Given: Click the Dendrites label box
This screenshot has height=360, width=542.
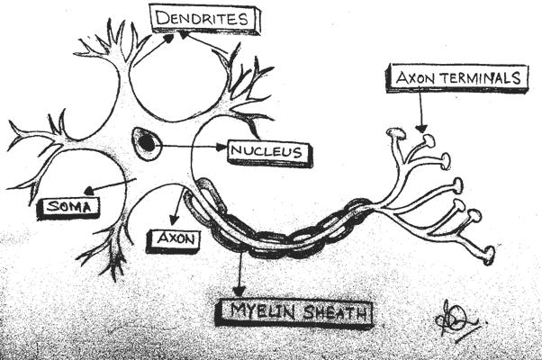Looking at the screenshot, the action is coord(203,18).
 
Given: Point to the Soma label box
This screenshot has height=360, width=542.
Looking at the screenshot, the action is coord(68,207).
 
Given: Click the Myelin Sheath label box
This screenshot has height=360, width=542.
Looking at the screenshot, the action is coord(294,313).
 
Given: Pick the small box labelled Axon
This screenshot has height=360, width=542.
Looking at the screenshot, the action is coord(171,239).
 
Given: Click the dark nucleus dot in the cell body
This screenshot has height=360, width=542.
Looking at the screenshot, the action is coord(145,140).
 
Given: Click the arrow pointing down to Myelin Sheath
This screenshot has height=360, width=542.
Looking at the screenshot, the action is coord(239,274).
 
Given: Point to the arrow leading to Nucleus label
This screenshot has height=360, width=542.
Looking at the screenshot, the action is coord(194,145).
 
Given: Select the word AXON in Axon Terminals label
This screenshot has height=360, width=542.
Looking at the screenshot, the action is coord(412,77).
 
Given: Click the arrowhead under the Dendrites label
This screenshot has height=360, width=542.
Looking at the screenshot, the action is coord(185,36).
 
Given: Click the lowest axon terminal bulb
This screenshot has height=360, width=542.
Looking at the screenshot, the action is coord(487,256).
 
